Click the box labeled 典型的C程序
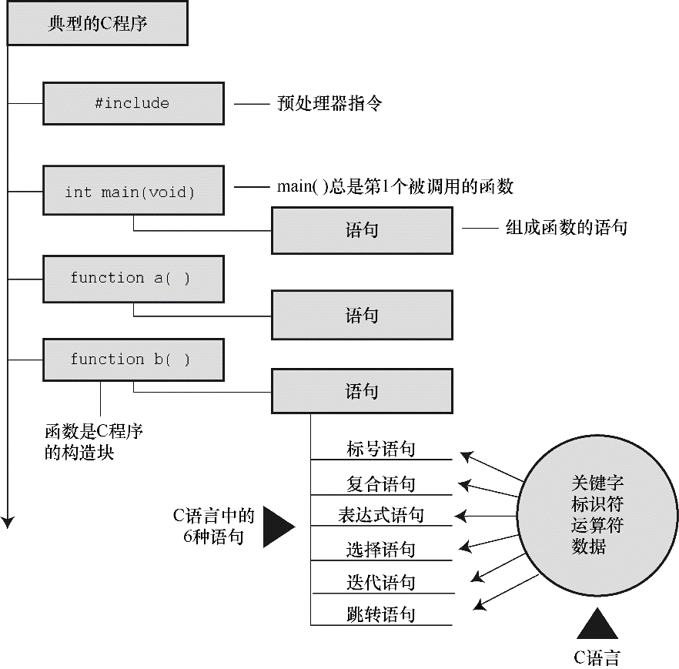point(97,24)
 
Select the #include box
point(133,103)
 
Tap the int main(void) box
point(133,192)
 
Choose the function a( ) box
point(133,279)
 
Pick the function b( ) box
point(133,360)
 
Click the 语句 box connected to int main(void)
point(362,230)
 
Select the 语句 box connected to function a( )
point(362,315)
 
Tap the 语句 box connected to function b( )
point(362,391)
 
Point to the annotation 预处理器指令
point(329,103)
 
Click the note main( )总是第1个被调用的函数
point(394,186)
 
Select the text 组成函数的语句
point(566,227)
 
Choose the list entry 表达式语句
point(381,515)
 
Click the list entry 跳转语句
point(381,614)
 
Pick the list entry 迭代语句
point(381,582)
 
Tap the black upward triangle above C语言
point(597,624)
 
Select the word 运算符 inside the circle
point(597,527)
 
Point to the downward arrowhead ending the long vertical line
point(8,522)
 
